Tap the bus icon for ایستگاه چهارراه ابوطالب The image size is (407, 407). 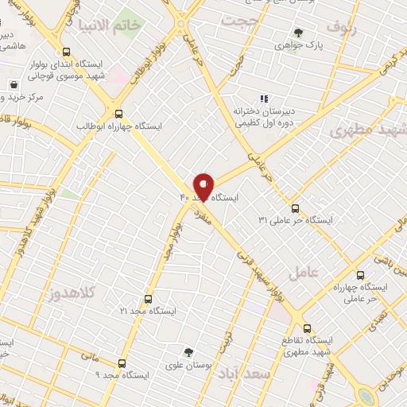[x=119, y=113]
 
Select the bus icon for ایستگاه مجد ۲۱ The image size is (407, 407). [x=148, y=300]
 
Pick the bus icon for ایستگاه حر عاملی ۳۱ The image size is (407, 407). [x=295, y=208]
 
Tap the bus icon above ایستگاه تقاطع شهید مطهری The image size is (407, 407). [x=307, y=328]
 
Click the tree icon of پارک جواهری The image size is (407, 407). [x=298, y=33]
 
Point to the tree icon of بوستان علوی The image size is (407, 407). [x=188, y=352]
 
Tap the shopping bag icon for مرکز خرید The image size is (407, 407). [x=14, y=85]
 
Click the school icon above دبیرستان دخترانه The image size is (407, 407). [x=242, y=99]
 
